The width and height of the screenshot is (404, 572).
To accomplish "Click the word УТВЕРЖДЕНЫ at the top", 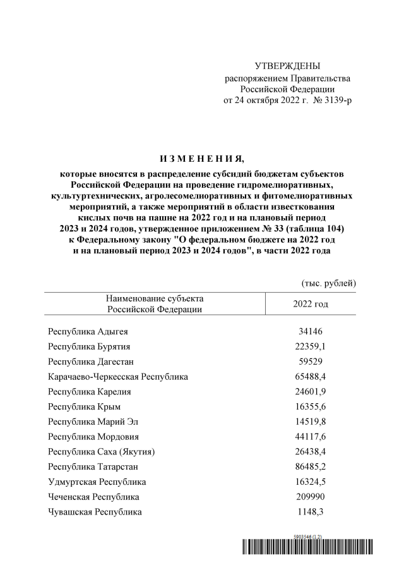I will point(287,66).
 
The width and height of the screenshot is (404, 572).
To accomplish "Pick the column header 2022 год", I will point(311,303).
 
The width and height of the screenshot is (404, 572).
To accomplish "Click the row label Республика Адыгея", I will point(91,331).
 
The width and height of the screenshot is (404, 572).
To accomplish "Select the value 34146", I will point(311,331).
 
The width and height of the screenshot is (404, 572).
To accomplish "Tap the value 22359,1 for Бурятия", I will point(311,346).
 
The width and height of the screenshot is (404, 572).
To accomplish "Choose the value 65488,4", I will point(311,376).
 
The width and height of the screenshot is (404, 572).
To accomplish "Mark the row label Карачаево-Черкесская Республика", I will point(118,376).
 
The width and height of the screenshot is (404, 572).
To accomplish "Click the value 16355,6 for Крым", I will point(311,406).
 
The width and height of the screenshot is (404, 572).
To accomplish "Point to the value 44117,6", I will point(311,437).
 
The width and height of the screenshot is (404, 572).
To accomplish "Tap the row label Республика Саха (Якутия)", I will point(102,452).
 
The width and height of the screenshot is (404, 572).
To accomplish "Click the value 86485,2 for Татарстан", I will point(311,467).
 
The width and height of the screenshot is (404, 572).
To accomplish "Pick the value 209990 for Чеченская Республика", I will point(311,497).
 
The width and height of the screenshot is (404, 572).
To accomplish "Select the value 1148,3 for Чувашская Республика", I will point(311,512).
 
